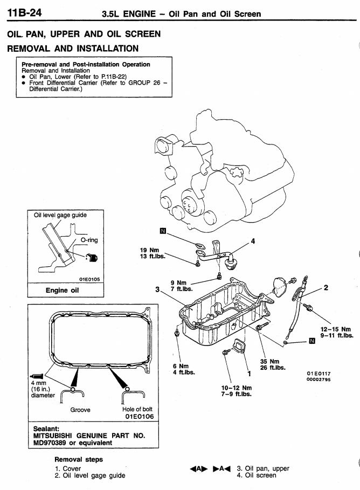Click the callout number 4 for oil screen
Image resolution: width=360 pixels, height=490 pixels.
tap(253, 240)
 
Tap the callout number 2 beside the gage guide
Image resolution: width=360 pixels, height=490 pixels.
tap(326, 287)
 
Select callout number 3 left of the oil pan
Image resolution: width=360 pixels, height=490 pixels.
tap(157, 289)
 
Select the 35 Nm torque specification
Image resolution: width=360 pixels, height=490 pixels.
tap(269, 361)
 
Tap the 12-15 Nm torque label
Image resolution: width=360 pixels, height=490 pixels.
tap(336, 329)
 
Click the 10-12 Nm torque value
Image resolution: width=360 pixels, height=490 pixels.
tap(236, 387)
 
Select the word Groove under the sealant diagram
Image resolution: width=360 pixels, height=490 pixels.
tap(80, 410)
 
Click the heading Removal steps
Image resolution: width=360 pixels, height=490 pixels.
tap(78, 459)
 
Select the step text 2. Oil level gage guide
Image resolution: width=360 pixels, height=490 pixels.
tap(90, 475)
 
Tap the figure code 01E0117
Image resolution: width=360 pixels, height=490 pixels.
tap(319, 373)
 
